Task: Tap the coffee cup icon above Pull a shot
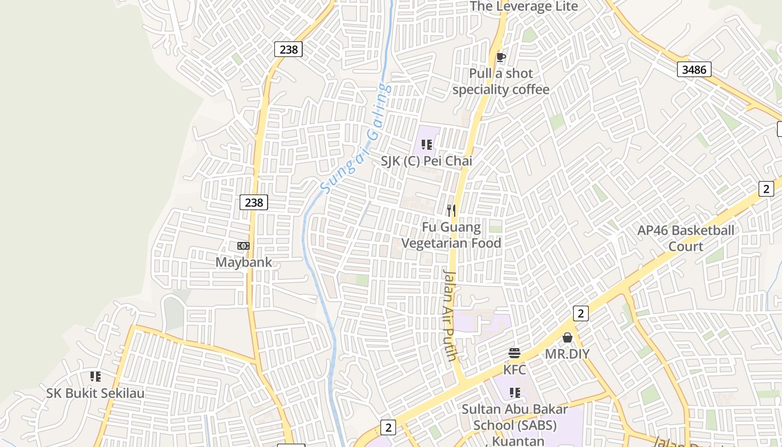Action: [x=501, y=56]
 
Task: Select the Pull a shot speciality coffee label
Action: [x=501, y=82]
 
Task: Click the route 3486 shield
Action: [x=694, y=69]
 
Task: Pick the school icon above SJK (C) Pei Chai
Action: [x=427, y=145]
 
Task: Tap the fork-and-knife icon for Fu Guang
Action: [x=451, y=211]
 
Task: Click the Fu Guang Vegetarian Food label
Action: [x=451, y=235]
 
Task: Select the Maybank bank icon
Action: [x=244, y=246]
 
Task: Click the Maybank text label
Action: [x=244, y=262]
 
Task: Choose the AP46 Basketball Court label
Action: [x=686, y=238]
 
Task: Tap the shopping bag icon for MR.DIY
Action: [x=568, y=337]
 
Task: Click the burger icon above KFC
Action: [x=514, y=353]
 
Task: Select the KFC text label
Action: [x=514, y=369]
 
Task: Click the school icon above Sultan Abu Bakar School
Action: [x=514, y=393]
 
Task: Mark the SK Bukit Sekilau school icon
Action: [x=96, y=377]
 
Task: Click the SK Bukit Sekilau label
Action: [x=96, y=393]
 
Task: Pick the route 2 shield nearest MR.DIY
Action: [x=580, y=313]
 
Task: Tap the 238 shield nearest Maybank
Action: [x=254, y=202]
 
